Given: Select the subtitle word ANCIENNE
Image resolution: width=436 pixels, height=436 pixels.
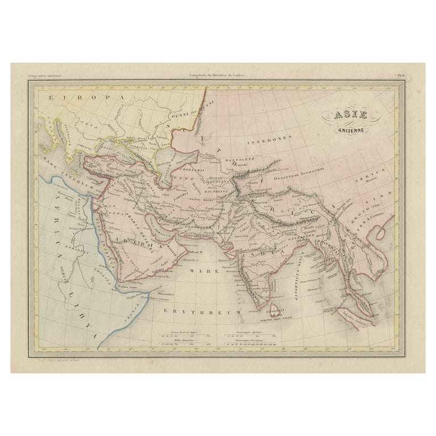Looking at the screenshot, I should pos(354,129).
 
